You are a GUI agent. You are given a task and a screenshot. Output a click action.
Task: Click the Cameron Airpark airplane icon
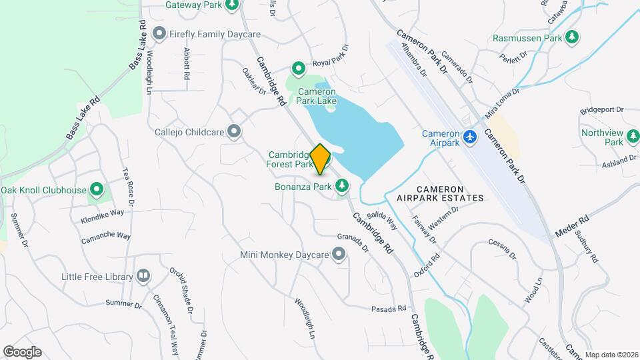point(471,136)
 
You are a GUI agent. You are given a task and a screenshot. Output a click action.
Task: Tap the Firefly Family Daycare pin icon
point(159,33)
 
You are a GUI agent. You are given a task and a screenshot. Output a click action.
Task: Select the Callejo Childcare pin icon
point(234,131)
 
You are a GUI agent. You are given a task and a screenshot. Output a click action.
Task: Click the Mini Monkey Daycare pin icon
point(339,254)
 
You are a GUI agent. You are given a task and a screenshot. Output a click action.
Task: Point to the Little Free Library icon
point(143,276)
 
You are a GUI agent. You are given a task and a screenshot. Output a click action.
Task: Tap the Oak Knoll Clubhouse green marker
point(97,190)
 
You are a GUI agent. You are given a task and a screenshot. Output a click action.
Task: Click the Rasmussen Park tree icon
point(571,37)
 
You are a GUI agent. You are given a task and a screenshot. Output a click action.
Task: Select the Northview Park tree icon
point(632,137)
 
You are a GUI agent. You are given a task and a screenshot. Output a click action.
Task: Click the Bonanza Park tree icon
point(343,187)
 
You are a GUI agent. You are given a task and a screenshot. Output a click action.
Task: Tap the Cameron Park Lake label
point(317,97)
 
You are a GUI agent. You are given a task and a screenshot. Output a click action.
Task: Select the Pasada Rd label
point(389,309)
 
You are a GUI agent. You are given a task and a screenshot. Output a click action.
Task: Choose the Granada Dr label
point(353,243)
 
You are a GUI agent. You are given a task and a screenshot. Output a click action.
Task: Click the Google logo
point(22,352)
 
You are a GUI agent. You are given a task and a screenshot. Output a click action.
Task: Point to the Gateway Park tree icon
point(232,5)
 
